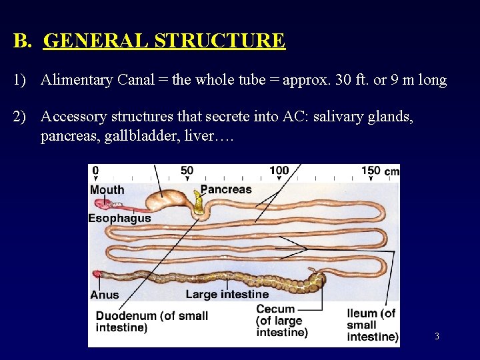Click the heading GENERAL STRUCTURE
click(x=164, y=41)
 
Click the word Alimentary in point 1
click(x=77, y=81)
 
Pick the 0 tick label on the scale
click(x=95, y=171)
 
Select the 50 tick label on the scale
click(x=187, y=171)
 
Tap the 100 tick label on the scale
click(x=279, y=171)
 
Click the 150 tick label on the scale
click(x=371, y=171)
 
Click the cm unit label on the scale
click(x=391, y=172)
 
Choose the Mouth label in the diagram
click(x=107, y=190)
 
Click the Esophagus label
click(x=120, y=218)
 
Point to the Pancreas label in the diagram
click(x=226, y=189)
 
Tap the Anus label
click(x=105, y=295)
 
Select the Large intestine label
click(x=227, y=294)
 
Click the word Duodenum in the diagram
click(x=127, y=315)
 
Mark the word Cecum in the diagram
click(x=275, y=309)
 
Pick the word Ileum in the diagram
click(x=363, y=313)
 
